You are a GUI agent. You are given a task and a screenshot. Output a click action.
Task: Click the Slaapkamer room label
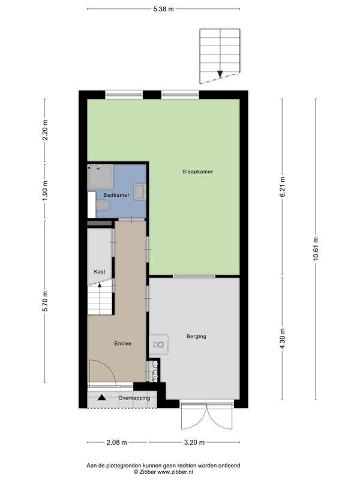[197, 172]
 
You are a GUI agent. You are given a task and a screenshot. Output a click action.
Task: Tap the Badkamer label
[116, 195]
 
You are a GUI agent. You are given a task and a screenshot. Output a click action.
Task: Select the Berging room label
[196, 337]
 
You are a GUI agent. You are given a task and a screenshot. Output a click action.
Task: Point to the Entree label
[123, 343]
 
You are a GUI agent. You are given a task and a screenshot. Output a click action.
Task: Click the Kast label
[100, 272]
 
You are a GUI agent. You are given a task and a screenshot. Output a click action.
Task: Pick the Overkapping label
[134, 398]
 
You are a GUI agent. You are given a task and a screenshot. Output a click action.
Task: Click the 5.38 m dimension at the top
[163, 9]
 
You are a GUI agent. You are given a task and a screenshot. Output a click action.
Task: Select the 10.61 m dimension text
[316, 249]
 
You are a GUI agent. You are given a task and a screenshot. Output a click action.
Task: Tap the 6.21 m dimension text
[282, 187]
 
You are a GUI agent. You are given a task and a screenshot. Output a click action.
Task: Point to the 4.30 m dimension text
[282, 338]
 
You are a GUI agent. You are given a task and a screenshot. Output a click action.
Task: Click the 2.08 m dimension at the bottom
[116, 442]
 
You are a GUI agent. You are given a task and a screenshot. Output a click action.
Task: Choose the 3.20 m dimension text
[194, 442]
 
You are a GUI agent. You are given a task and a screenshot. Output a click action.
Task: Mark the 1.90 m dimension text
[45, 191]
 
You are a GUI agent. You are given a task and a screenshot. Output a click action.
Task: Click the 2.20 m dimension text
[45, 130]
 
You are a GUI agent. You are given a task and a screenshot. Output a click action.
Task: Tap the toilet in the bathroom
[102, 205]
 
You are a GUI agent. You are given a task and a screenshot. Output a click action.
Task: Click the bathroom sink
[140, 191]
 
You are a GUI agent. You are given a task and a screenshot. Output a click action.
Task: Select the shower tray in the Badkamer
[100, 177]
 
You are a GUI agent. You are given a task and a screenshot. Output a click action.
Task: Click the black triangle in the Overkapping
[101, 398]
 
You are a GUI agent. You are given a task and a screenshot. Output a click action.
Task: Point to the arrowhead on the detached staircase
[220, 74]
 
